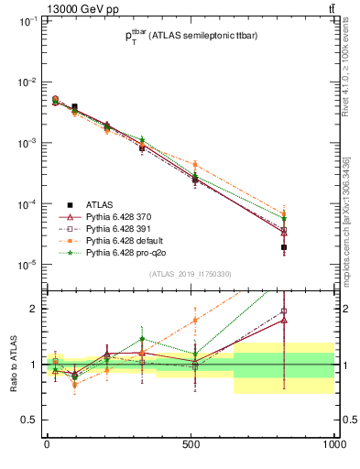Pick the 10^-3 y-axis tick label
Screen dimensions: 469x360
[25, 143]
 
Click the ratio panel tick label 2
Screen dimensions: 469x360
[32, 309]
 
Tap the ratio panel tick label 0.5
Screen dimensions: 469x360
[28, 420]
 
